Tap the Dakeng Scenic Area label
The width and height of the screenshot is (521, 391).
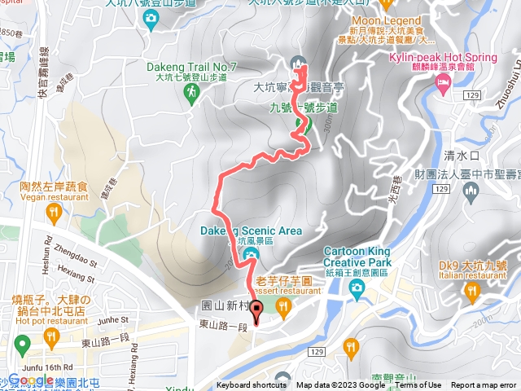click(x=251, y=231)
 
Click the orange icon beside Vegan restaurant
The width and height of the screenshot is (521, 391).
click(x=55, y=213)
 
